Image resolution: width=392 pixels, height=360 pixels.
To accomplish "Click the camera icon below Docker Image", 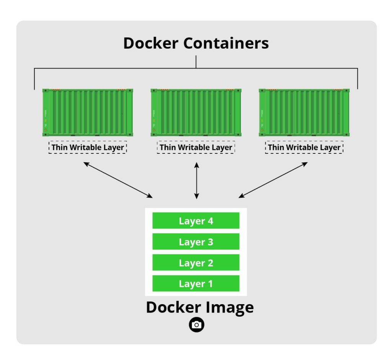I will pos(196,325).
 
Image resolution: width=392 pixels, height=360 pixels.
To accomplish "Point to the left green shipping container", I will pos(88,112).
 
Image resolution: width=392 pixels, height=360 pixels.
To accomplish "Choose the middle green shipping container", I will pos(196,112).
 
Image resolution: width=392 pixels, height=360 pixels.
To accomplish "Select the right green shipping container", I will pos(304,112).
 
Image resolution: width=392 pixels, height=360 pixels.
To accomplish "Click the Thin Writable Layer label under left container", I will pos(88,147).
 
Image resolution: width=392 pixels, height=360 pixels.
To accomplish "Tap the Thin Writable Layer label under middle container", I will pos(196,147).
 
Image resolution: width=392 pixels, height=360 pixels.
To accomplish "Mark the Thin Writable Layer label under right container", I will pos(304,147).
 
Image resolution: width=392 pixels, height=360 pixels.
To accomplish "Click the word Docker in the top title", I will pos(151,43).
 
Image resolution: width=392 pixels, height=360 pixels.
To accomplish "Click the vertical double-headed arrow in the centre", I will pos(196,181).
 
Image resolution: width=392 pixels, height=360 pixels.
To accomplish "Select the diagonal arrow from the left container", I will pos(118,180).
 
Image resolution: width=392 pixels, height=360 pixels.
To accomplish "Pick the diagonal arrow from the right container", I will pos(273,180).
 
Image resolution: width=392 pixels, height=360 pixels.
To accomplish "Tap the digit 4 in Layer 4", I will pos(210,221).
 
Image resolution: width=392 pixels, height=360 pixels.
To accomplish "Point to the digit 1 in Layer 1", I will pos(210,284).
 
